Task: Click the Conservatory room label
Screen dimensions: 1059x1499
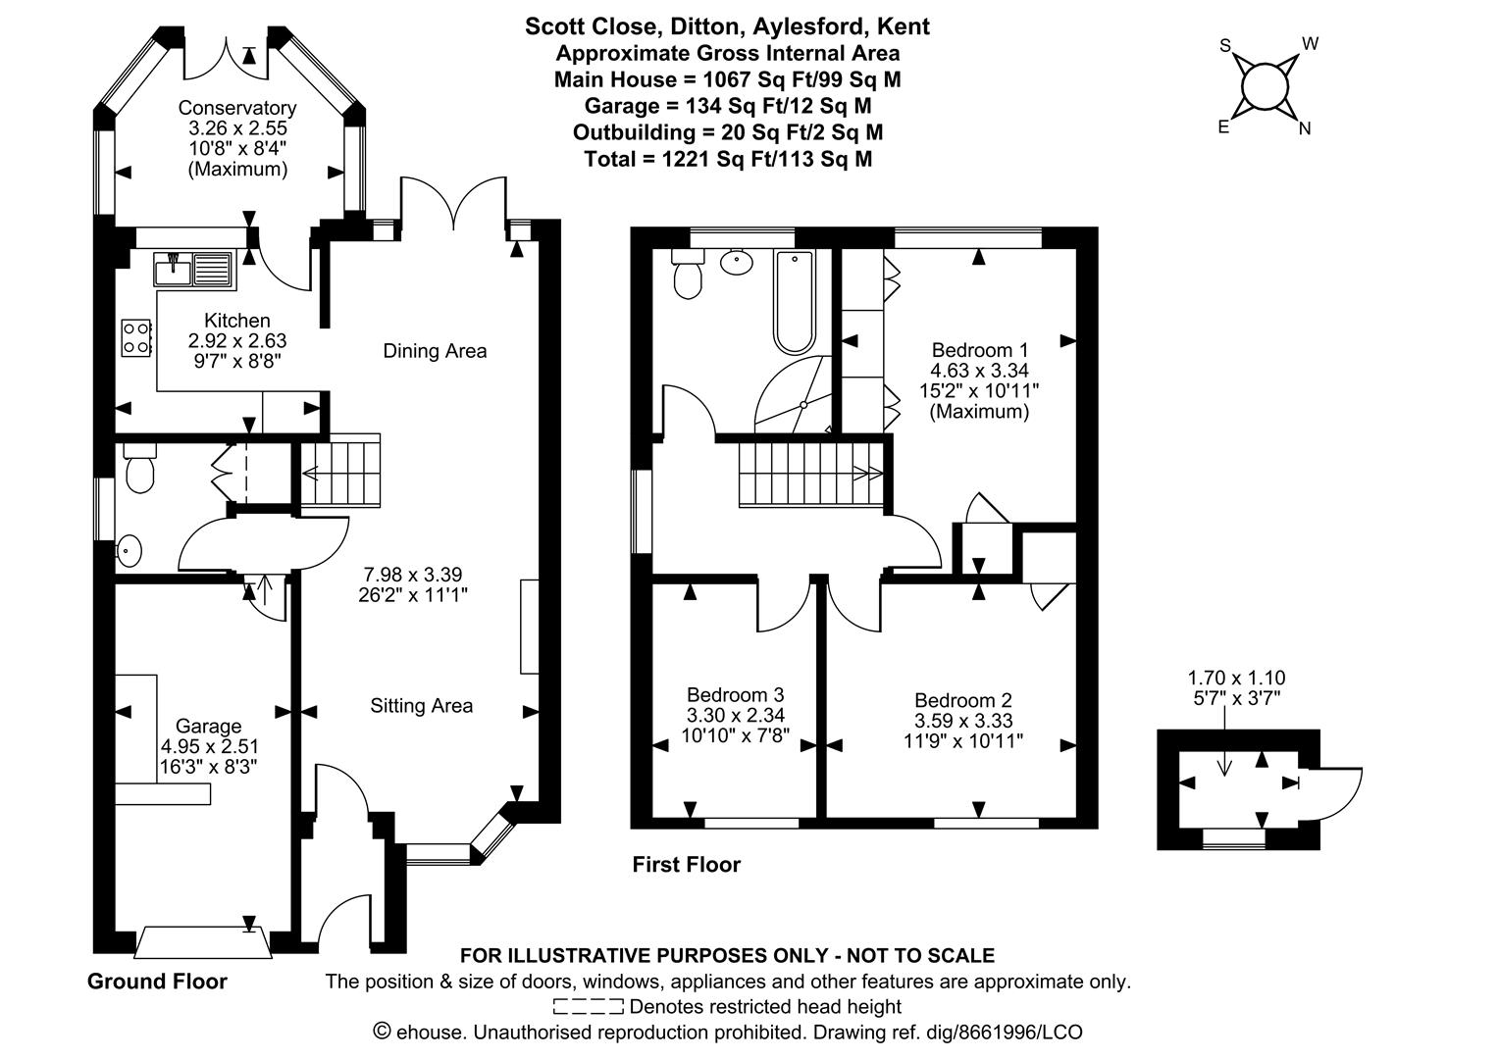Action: tap(236, 108)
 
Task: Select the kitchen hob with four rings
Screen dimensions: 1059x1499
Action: tap(136, 337)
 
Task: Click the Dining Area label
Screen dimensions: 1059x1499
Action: tap(435, 351)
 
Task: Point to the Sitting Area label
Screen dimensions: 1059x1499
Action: tap(421, 706)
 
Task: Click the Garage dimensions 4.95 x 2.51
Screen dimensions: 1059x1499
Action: tap(210, 746)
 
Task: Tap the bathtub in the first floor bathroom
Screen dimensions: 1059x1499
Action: tap(794, 301)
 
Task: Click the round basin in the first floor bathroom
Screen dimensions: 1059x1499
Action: tap(736, 262)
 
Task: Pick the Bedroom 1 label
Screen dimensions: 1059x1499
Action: tap(979, 350)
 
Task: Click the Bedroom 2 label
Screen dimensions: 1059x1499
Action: tap(962, 700)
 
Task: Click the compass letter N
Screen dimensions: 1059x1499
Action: tap(1305, 128)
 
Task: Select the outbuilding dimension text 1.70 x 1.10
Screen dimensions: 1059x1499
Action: tap(1236, 678)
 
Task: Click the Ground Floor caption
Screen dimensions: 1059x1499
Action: tap(157, 982)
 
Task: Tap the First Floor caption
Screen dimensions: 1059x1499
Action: tap(686, 865)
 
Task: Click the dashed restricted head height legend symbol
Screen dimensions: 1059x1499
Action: tap(588, 1006)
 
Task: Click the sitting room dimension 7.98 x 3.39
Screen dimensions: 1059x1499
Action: tap(412, 575)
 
